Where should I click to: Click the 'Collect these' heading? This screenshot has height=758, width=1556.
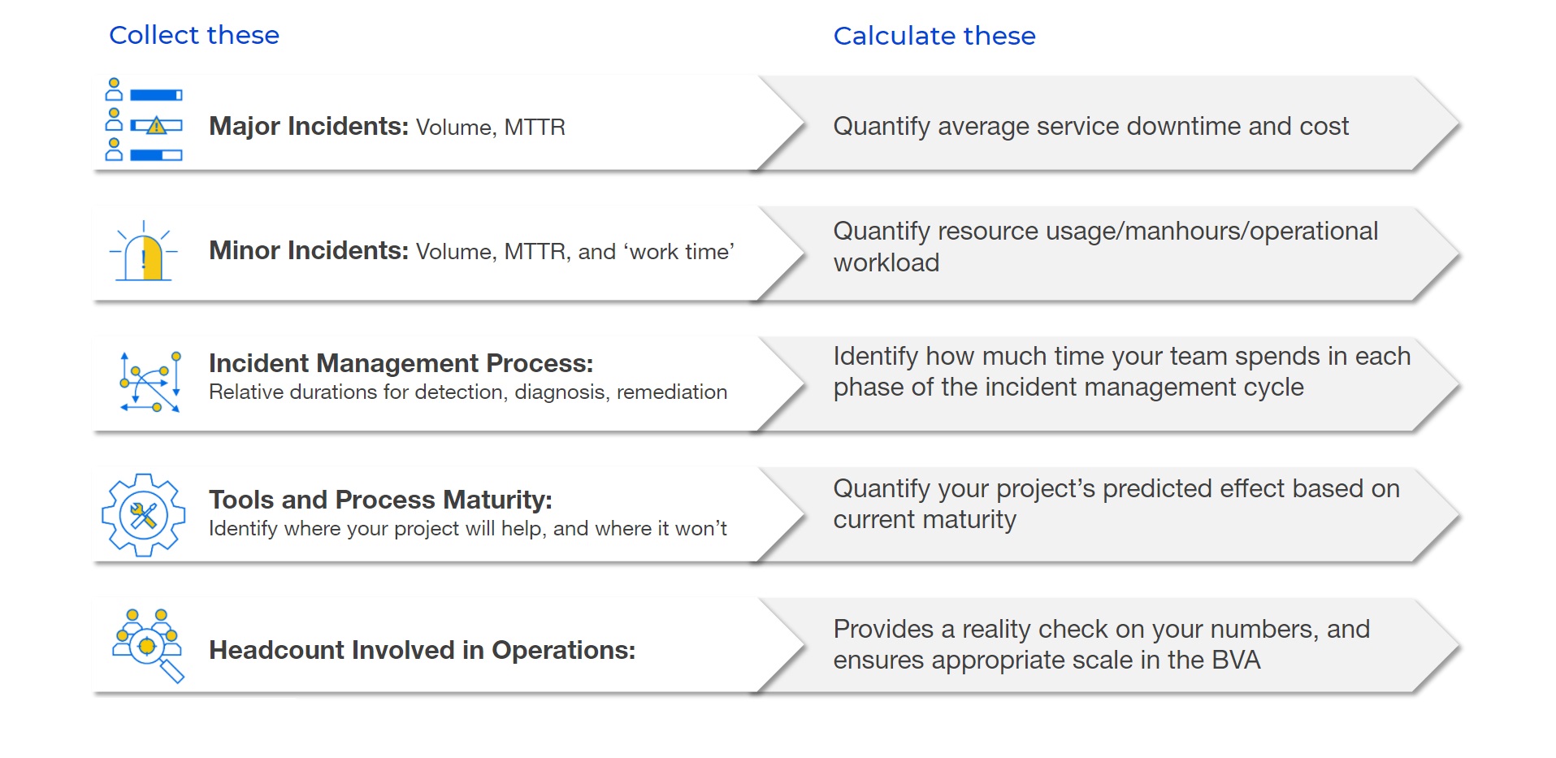(194, 35)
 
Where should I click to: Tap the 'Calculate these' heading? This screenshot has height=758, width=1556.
(934, 36)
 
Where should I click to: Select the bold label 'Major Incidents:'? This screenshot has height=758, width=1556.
(309, 126)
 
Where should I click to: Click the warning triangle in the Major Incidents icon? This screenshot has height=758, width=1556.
(157, 126)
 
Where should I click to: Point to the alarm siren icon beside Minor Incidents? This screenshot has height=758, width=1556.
(144, 251)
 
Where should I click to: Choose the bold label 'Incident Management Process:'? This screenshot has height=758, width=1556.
(401, 362)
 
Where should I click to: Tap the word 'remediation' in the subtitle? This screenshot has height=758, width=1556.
(672, 392)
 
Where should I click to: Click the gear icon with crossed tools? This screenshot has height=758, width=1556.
(144, 515)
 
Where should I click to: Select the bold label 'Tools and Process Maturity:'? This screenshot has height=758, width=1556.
(380, 499)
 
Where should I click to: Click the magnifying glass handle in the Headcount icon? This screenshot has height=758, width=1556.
(172, 671)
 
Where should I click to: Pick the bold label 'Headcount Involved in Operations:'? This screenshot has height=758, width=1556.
(422, 650)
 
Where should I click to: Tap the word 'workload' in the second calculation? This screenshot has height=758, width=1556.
(886, 262)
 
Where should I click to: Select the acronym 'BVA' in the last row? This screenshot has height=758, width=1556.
(1236, 660)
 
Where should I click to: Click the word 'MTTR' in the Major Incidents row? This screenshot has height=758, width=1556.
(535, 128)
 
